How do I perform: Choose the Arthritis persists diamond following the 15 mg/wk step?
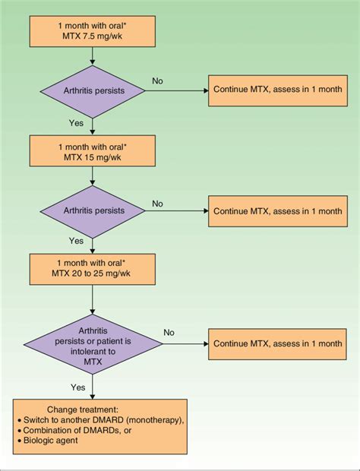coord(92,210)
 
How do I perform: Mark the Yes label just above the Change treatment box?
coord(77,387)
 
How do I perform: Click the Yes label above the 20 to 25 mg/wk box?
coord(77,241)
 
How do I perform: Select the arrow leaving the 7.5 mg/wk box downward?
coord(92,55)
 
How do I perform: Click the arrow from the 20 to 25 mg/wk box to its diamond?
coord(92,299)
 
